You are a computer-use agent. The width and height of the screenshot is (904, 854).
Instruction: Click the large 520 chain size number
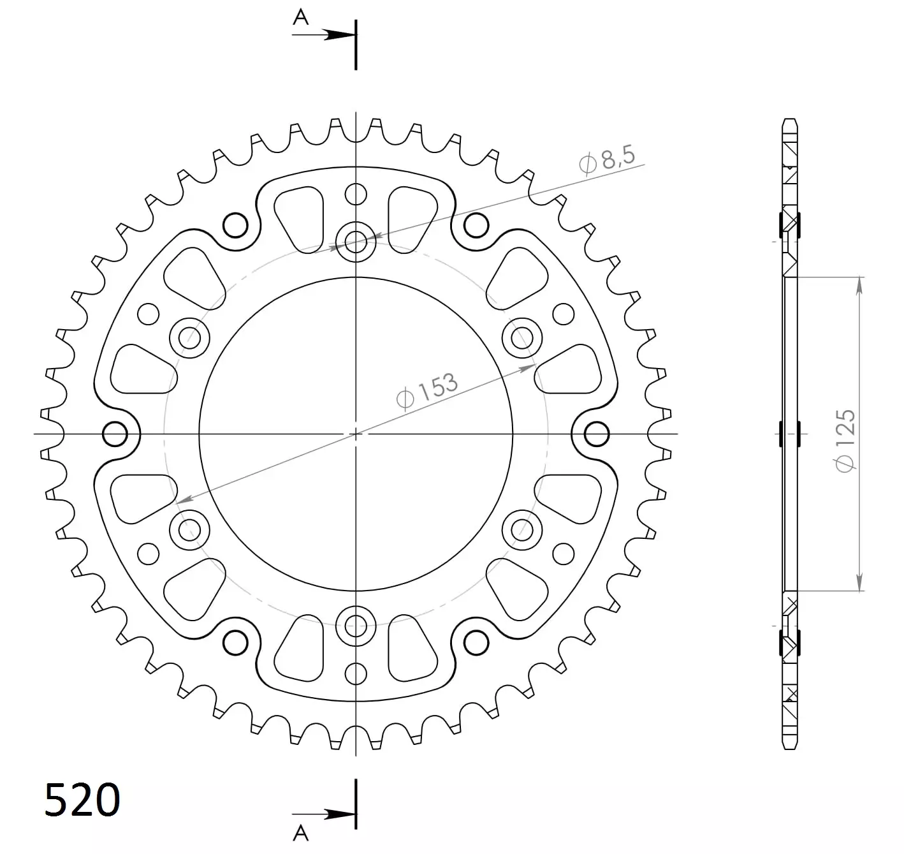tap(82, 799)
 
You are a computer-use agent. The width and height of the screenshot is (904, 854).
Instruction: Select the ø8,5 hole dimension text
tap(607, 160)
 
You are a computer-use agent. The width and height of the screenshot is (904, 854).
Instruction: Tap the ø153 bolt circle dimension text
tap(426, 391)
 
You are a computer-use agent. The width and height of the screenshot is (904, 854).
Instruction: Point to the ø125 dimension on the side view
tap(845, 441)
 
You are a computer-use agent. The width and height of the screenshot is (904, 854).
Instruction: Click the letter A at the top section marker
tap(301, 17)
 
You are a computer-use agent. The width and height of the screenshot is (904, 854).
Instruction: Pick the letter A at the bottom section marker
tap(301, 834)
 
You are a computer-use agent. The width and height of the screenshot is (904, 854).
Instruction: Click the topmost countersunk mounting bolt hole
tap(356, 242)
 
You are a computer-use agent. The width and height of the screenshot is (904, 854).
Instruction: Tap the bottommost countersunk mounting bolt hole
tap(356, 626)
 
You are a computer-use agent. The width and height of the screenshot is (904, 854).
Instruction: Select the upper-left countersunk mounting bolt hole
tap(189, 338)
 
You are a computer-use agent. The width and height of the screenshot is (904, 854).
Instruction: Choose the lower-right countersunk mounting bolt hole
tap(522, 530)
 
